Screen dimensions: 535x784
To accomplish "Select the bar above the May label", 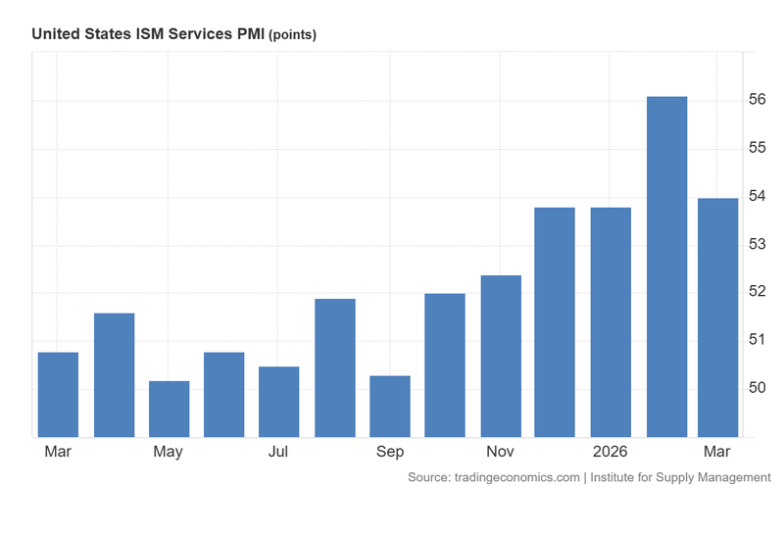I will pyautogui.click(x=169, y=409).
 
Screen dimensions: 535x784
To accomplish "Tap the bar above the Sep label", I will pyautogui.click(x=390, y=406).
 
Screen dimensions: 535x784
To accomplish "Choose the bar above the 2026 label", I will pyautogui.click(x=611, y=322).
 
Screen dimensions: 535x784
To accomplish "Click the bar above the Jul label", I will pyautogui.click(x=279, y=402).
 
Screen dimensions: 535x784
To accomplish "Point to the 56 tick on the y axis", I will pyautogui.click(x=758, y=100).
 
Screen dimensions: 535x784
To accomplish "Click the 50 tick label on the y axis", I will pyautogui.click(x=758, y=388).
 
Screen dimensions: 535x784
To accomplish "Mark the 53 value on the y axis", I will pyautogui.click(x=758, y=244).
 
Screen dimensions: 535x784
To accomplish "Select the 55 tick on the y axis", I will pyautogui.click(x=758, y=148).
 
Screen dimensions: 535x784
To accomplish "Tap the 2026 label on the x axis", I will pyautogui.click(x=610, y=452).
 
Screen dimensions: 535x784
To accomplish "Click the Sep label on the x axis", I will pyautogui.click(x=390, y=452).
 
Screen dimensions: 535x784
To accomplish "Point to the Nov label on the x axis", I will pyautogui.click(x=500, y=452).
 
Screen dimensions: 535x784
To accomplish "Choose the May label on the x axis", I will pyautogui.click(x=169, y=452).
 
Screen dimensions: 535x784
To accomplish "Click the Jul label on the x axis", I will pyautogui.click(x=278, y=452).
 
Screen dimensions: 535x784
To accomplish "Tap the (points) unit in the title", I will pyautogui.click(x=292, y=35).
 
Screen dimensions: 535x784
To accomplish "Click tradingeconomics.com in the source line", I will pyautogui.click(x=516, y=477).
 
